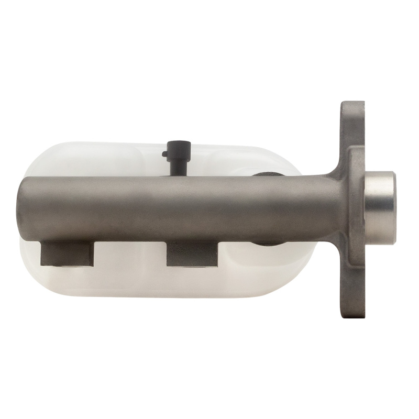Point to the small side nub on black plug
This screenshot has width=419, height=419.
165,154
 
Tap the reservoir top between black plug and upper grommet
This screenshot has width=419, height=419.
220,160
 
